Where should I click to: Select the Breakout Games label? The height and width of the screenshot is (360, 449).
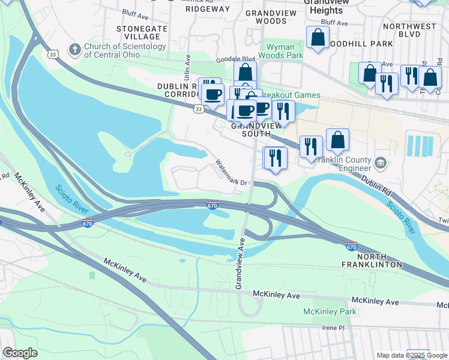coord(294,95)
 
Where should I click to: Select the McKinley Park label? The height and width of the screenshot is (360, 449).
coord(330,311)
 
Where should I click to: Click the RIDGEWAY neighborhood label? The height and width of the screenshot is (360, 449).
coord(207,9)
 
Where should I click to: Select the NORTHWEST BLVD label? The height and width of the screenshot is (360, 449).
coord(409,35)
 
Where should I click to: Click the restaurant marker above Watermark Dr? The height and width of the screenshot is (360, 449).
coord(275,158)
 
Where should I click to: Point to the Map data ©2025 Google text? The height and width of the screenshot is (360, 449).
coord(411,355)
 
